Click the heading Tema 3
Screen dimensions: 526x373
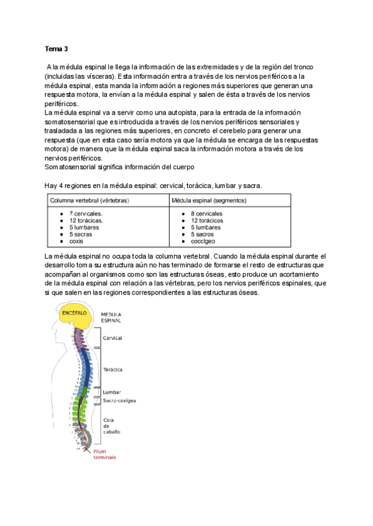[57, 48]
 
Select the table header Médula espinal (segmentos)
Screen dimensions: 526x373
[209, 200]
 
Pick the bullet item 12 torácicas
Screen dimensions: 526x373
[86, 220]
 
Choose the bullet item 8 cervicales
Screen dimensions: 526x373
[206, 213]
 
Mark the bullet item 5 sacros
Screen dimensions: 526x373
[203, 234]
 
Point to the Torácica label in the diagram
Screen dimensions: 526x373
[113, 370]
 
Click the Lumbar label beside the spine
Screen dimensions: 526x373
[112, 393]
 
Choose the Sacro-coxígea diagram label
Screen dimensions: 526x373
[119, 401]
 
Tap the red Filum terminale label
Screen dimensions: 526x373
[104, 454]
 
